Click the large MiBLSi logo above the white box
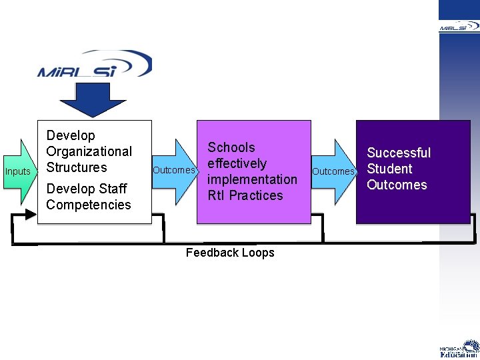tap(95, 64)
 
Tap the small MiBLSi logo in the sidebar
tap(459, 27)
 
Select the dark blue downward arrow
tap(93, 100)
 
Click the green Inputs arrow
tap(20, 172)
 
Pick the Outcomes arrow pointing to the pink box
tap(175, 172)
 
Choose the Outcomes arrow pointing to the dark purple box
tap(334, 172)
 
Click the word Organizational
tap(89, 152)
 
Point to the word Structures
tap(77, 167)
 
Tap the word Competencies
tap(89, 205)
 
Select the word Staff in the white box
tap(113, 189)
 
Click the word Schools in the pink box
tap(231, 147)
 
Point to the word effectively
tap(237, 164)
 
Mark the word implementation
tap(252, 180)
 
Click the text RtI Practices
tap(245, 195)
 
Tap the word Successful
tap(399, 153)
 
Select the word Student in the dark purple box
tap(390, 169)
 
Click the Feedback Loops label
tap(230, 253)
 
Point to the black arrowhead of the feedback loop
tap(31, 214)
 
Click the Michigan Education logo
tap(459, 349)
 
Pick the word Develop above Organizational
tap(71, 135)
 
